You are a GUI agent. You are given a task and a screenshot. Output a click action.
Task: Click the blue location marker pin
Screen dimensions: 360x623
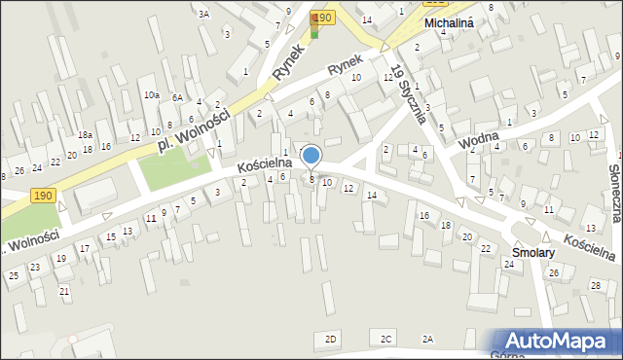(311, 156)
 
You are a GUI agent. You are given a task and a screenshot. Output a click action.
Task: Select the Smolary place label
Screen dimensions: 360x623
(531, 252)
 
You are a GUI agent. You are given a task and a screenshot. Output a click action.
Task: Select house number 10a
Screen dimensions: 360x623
(151, 95)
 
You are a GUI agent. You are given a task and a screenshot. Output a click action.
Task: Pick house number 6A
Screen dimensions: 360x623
(177, 97)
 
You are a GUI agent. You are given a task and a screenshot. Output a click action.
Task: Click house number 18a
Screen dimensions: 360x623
(86, 134)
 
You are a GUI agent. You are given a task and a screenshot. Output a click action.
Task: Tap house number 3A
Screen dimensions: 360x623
(203, 14)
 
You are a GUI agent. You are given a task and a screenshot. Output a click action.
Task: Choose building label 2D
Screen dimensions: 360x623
(331, 339)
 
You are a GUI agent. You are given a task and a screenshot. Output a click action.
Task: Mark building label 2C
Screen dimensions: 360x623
(386, 339)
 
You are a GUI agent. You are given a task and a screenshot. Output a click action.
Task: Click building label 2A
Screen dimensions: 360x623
(427, 339)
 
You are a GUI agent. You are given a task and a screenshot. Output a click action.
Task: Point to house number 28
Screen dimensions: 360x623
(595, 285)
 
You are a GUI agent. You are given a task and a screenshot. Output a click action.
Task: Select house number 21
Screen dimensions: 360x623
(64, 291)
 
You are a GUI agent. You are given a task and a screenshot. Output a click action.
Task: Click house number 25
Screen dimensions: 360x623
(14, 276)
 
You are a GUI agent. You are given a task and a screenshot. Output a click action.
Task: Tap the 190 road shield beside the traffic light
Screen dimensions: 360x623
(324, 18)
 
